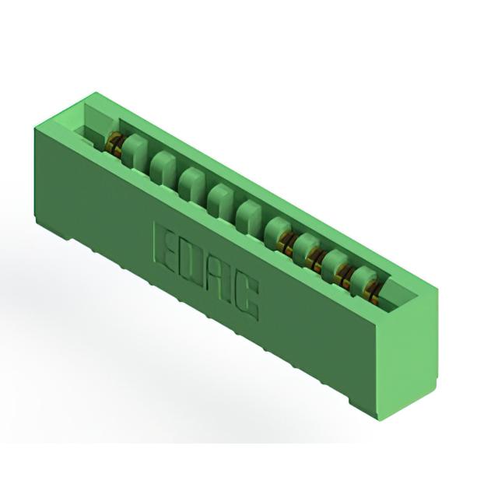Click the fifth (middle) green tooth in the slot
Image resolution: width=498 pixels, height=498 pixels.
[249, 216]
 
